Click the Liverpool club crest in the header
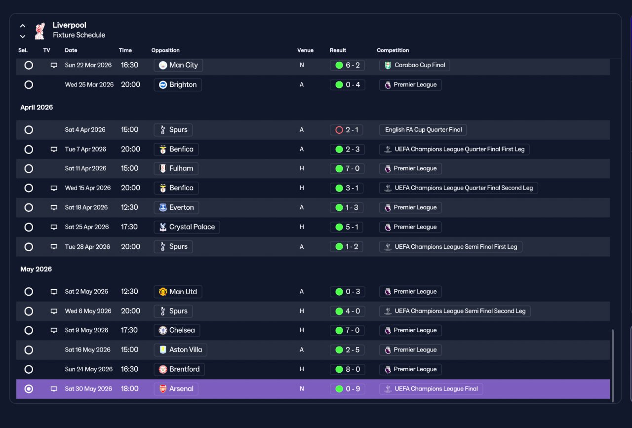point(40,31)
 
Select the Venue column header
point(305,50)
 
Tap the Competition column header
point(393,50)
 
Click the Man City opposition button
point(178,65)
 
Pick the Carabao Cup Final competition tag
point(414,65)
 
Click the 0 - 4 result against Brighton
point(347,84)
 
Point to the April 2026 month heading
point(37,107)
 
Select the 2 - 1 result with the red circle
point(347,130)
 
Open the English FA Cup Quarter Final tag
point(423,130)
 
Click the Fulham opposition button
point(176,168)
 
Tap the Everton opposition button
point(176,207)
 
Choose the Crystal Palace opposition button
point(187,227)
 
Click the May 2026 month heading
point(36,269)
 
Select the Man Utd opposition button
point(178,291)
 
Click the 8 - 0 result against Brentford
point(347,369)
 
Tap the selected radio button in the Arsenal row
point(29,389)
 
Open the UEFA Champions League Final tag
point(431,389)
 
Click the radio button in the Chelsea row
point(29,330)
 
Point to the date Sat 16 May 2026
point(87,350)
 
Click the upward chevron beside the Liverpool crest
point(23,26)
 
